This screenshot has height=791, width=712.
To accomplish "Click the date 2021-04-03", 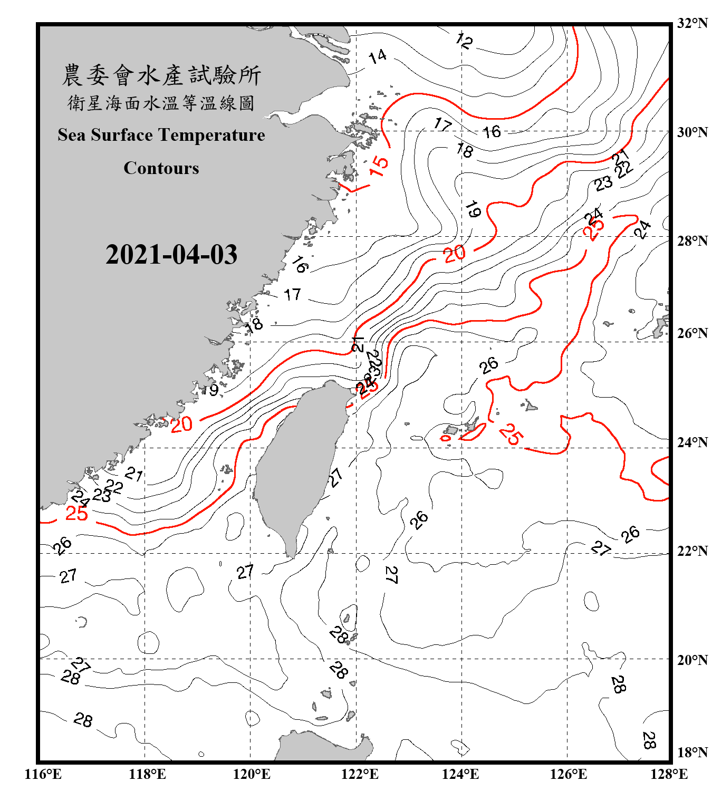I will click(171, 255).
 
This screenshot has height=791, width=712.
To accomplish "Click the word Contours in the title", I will click(161, 168).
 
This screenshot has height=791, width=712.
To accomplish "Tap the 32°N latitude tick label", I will click(692, 23).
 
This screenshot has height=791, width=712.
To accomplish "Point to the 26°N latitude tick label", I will click(692, 333).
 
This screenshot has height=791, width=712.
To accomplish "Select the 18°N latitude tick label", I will click(692, 753).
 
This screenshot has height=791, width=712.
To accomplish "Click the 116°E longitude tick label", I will click(43, 774).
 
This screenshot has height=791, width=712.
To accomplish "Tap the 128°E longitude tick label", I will click(669, 774).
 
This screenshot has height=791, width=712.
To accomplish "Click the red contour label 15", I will click(379, 166).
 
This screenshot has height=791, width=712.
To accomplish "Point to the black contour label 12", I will click(464, 41).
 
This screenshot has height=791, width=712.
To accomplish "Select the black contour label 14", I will click(378, 56).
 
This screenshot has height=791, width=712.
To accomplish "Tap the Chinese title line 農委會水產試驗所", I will click(161, 75).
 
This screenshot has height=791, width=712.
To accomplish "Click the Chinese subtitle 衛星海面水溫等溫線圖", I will click(161, 103).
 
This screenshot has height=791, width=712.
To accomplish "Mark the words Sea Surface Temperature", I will click(161, 135).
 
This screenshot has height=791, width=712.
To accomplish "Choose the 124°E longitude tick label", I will click(460, 774).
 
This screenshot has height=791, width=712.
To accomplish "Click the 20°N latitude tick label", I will click(692, 660).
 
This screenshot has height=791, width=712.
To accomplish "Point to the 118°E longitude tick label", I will click(147, 774).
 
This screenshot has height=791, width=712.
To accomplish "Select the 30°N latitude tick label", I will click(692, 132).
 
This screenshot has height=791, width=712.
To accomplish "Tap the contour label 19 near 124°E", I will click(473, 209).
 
